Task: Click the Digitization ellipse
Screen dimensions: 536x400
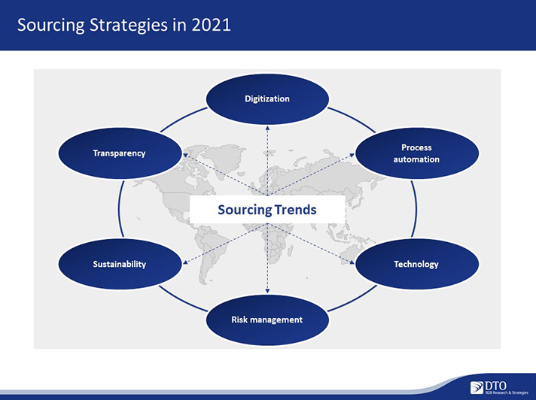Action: point(267,99)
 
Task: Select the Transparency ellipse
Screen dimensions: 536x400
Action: point(120,153)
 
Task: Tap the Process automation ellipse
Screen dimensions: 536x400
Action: point(417,153)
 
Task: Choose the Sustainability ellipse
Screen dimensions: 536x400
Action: point(120,264)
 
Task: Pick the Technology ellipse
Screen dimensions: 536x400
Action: point(417,264)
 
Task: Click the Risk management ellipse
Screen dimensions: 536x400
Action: point(267,320)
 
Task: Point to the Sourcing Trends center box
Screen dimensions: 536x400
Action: point(267,210)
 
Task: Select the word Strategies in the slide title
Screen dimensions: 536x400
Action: point(129,26)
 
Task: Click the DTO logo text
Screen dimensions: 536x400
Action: point(495,386)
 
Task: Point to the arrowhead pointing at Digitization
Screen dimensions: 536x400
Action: point(268,128)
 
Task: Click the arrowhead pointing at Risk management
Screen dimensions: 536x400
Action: point(268,291)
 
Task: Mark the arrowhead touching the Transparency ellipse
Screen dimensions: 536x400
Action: point(185,156)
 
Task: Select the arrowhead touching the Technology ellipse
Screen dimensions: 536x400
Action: point(352,262)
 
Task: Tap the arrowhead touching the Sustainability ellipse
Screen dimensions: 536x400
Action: point(185,262)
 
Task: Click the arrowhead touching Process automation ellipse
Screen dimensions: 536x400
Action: point(352,156)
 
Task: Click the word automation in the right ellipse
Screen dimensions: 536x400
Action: point(416,159)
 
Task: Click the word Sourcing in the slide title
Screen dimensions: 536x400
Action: point(51,26)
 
